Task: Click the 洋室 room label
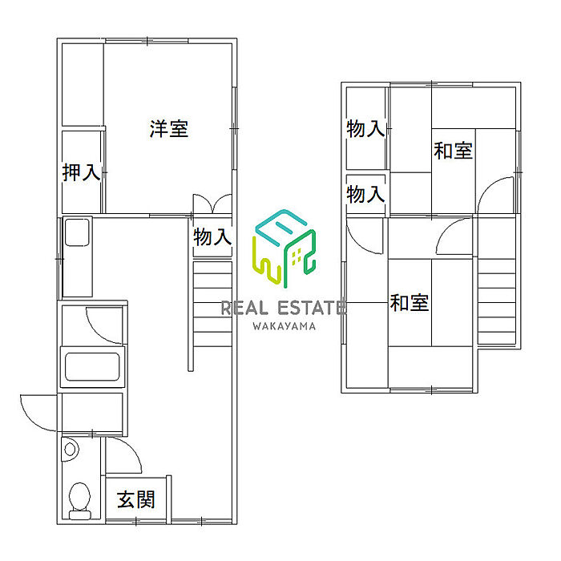pyautogui.click(x=168, y=129)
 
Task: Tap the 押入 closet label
pyautogui.click(x=82, y=172)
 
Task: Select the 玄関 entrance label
pyautogui.click(x=136, y=500)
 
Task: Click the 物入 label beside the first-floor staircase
pyautogui.click(x=212, y=237)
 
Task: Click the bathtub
pyautogui.click(x=93, y=367)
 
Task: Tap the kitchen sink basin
pyautogui.click(x=78, y=233)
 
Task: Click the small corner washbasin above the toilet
pyautogui.click(x=71, y=450)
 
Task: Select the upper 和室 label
pyautogui.click(x=454, y=150)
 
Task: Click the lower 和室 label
pyautogui.click(x=410, y=303)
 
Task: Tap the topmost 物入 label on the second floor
pyautogui.click(x=366, y=129)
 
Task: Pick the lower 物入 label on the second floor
pyautogui.click(x=366, y=194)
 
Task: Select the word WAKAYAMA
pyautogui.click(x=285, y=325)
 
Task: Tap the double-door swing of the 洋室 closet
pyautogui.click(x=212, y=204)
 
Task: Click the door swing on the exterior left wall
pyautogui.click(x=38, y=413)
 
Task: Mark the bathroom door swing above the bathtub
pyautogui.click(x=104, y=325)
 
